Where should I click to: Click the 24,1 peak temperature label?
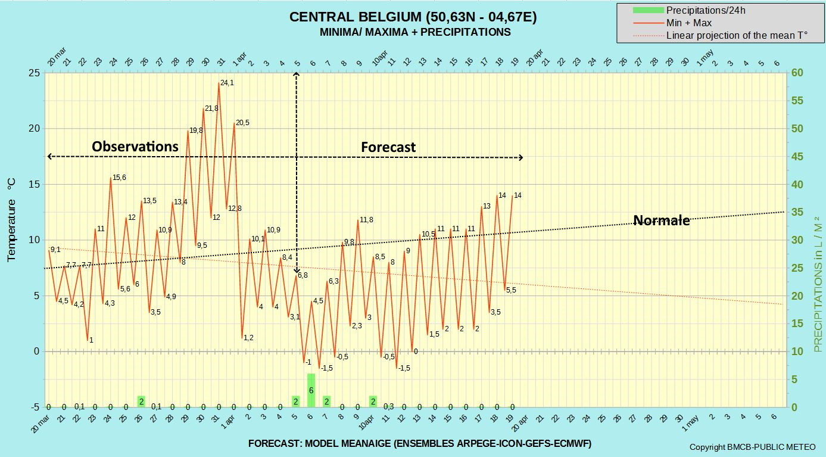(227, 83)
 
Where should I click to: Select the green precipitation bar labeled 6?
(311, 390)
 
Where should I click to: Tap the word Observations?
(135, 147)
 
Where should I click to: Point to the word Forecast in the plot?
(388, 147)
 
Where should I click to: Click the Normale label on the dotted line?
(661, 220)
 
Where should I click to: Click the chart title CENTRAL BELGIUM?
(355, 17)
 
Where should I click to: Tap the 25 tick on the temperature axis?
(35, 73)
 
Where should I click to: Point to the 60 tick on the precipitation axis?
(797, 73)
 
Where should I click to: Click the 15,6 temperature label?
(119, 178)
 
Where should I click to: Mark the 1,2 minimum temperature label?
(248, 337)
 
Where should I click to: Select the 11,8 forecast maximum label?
(366, 220)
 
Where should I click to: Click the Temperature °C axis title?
(11, 220)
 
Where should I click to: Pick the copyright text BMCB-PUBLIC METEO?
(753, 447)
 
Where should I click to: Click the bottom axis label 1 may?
(690, 424)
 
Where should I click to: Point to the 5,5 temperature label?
(511, 290)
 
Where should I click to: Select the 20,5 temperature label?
(242, 123)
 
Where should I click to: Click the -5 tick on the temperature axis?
(35, 407)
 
